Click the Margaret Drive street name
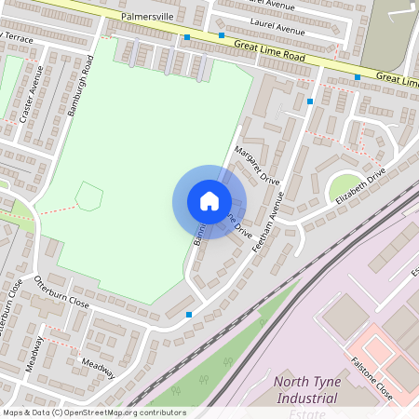(x=257, y=164)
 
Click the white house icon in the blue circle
(x=209, y=201)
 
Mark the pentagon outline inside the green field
(x=88, y=196)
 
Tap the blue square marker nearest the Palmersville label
(x=187, y=37)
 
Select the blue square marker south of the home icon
(x=189, y=315)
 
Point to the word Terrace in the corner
(x=20, y=38)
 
